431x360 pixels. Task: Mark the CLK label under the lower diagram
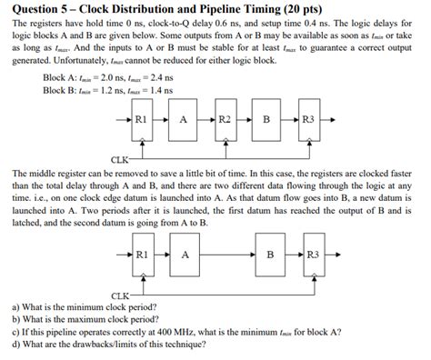121,295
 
